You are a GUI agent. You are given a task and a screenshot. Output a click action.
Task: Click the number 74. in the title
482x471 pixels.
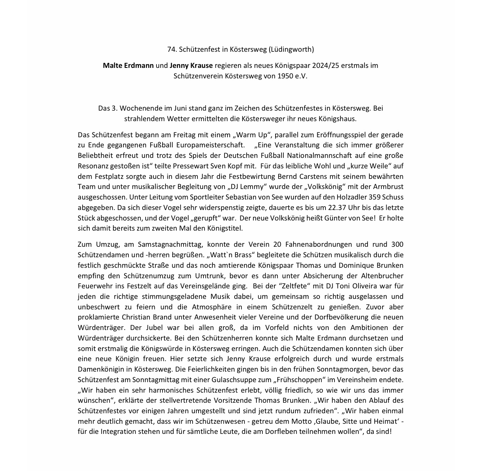(172, 49)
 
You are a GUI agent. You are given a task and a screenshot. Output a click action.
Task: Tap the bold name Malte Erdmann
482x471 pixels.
(128, 65)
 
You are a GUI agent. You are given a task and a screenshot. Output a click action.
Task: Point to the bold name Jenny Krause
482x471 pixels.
(191, 65)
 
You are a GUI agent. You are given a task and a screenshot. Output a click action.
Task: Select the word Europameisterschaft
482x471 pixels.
(205, 145)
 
